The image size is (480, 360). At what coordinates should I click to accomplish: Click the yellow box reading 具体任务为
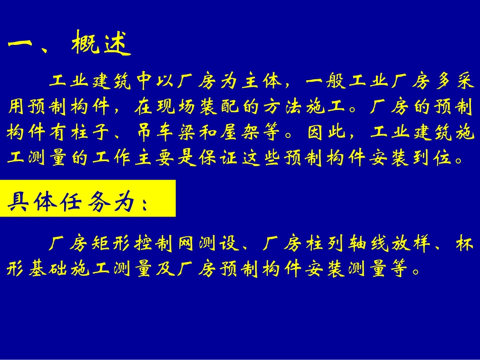[x=88, y=198]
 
